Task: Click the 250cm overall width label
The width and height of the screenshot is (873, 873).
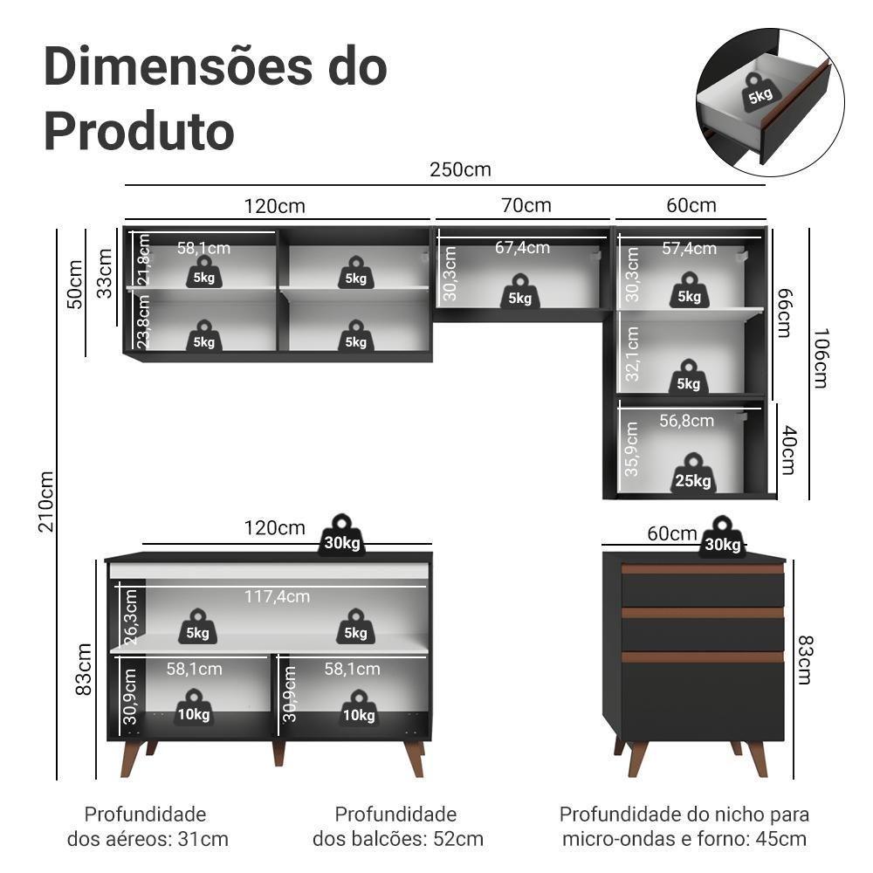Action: click(460, 169)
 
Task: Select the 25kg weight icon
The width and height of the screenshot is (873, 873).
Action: click(693, 474)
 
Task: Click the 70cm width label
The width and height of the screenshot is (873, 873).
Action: click(526, 205)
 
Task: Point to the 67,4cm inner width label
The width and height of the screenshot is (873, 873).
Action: click(522, 247)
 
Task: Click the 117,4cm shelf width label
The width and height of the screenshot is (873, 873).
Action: click(278, 596)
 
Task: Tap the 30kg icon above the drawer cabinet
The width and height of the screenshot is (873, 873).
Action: click(722, 538)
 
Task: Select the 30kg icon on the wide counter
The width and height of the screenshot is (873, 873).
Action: click(341, 535)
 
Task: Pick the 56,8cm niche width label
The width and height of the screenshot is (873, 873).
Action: click(686, 421)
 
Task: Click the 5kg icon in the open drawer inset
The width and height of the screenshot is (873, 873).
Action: click(759, 90)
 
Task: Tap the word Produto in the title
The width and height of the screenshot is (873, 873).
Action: click(139, 131)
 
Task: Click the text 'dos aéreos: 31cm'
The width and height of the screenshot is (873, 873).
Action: click(148, 839)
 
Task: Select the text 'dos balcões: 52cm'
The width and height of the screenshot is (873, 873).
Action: click(397, 839)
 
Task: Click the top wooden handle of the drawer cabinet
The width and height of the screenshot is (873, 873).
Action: click(702, 569)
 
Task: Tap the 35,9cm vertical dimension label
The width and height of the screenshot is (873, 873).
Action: click(632, 449)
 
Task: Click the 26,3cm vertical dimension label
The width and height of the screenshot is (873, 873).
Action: click(131, 616)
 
